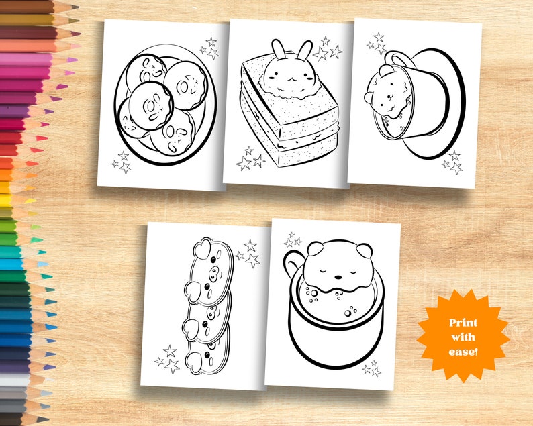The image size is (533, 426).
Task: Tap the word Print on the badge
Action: [463, 323]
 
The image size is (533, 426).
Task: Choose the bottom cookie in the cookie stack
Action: [209, 345]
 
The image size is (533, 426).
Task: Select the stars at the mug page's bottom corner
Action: [371, 368]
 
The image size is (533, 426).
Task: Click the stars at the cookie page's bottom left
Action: [167, 360]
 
